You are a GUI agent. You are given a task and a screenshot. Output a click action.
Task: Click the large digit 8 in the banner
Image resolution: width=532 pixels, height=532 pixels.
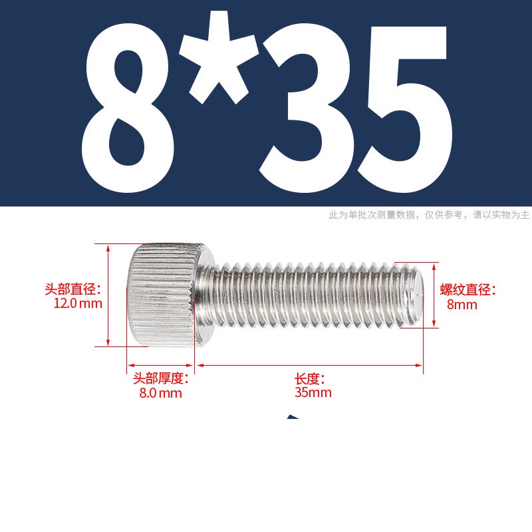128,108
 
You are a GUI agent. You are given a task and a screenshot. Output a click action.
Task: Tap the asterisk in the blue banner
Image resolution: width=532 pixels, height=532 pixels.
219,58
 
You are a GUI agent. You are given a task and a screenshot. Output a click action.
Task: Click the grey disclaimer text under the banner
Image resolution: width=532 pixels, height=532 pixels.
429,215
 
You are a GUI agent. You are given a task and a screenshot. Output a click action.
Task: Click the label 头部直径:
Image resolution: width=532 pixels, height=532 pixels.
73,289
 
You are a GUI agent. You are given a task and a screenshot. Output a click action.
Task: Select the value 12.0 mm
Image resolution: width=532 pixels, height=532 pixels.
78,303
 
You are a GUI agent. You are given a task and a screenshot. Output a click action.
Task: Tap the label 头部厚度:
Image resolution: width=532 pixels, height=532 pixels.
160,378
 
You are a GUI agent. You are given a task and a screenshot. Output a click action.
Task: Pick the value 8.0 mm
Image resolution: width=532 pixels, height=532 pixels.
160,393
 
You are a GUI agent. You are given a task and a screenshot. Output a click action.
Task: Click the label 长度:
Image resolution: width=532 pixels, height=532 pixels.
309,378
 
